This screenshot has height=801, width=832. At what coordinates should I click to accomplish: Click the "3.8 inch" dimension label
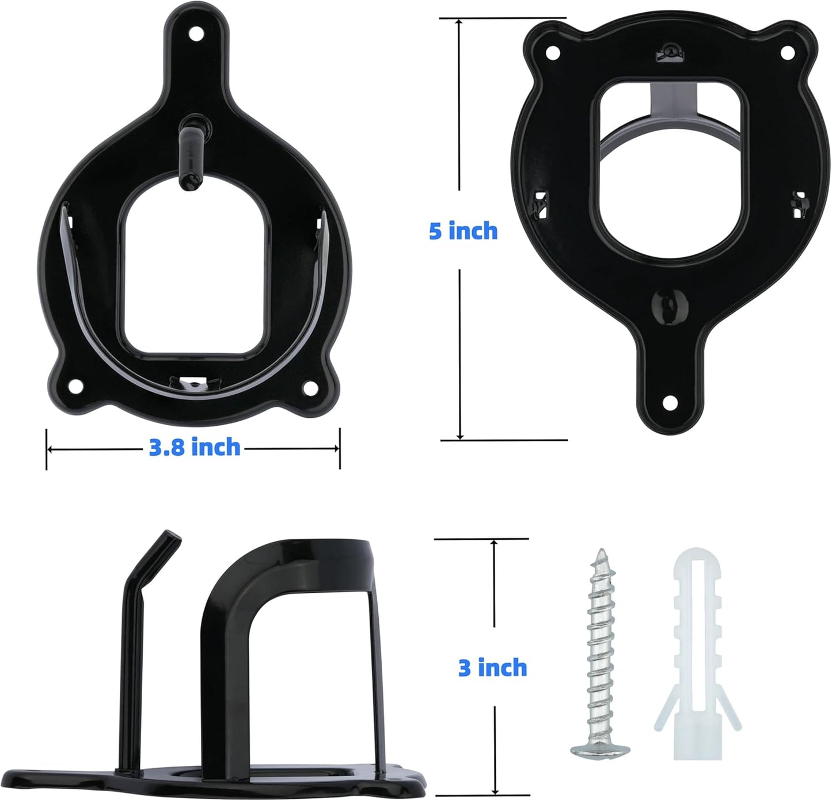click(x=195, y=447)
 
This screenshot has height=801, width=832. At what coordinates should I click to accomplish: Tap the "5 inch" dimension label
click(x=463, y=231)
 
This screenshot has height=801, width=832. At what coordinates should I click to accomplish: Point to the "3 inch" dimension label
click(x=492, y=668)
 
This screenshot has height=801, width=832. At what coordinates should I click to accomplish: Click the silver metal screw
click(x=599, y=633)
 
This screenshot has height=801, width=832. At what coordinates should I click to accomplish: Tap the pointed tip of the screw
click(x=602, y=552)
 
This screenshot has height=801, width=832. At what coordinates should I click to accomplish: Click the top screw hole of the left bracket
click(x=197, y=33)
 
